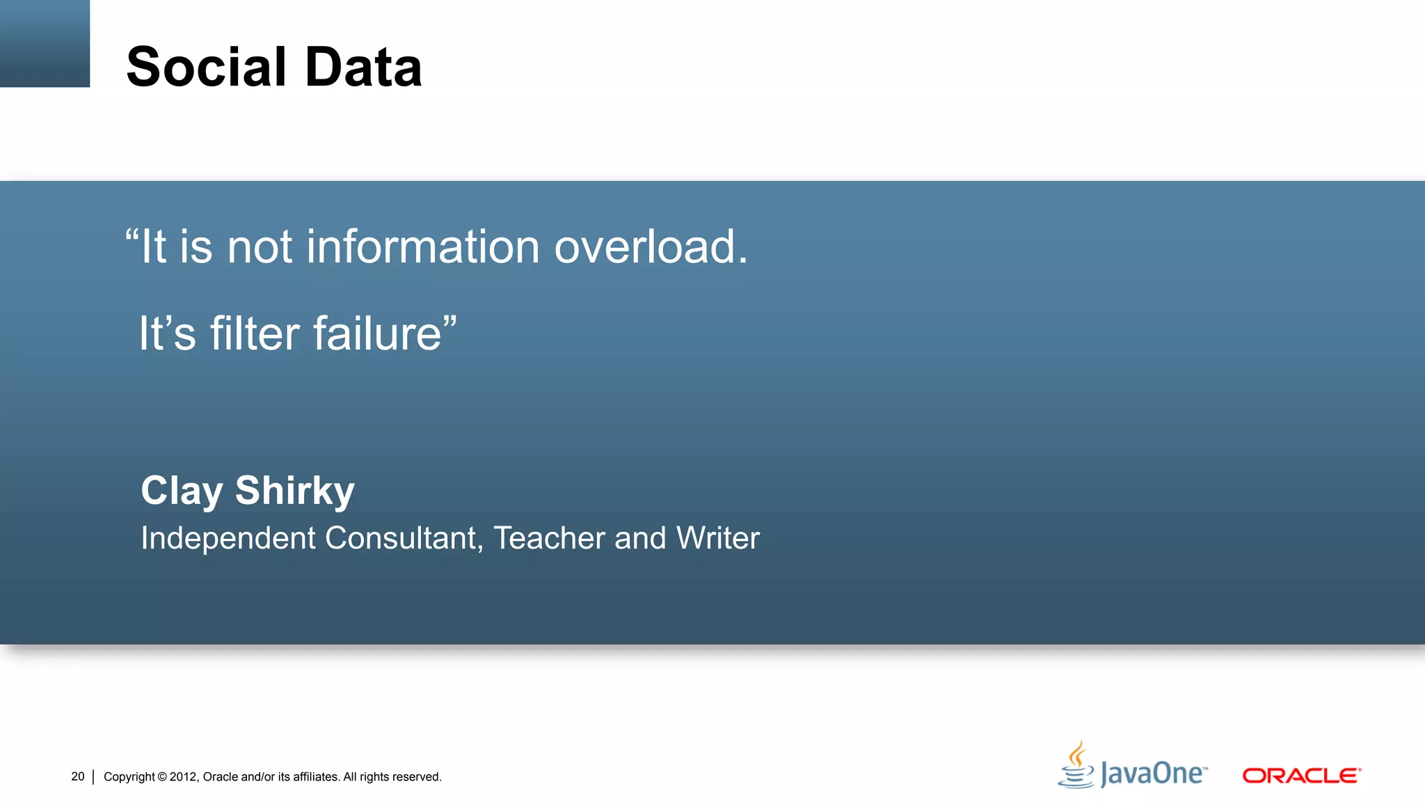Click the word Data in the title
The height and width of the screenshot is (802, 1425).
tap(363, 67)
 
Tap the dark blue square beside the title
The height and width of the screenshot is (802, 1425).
tap(45, 43)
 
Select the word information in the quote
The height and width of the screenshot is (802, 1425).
tap(423, 247)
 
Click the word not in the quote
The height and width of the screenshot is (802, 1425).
tap(260, 249)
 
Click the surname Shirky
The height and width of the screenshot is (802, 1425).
tap(295, 490)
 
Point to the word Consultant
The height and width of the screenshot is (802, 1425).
tap(402, 538)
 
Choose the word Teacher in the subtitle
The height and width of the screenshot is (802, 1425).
tap(550, 538)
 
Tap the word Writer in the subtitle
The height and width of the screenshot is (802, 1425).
tap(718, 538)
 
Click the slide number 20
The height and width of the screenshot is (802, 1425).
tap(78, 776)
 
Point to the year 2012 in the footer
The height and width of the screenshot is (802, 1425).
tap(184, 777)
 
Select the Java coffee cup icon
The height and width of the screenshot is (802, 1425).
tap(1076, 765)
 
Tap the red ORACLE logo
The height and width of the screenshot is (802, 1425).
tap(1301, 776)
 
